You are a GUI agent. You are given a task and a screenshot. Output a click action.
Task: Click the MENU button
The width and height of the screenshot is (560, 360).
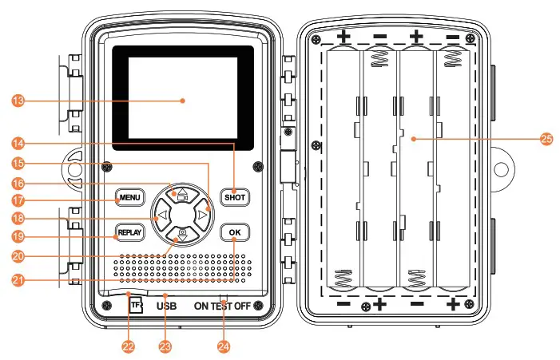click(129, 197)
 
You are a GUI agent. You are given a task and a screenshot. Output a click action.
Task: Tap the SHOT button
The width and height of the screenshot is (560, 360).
click(235, 197)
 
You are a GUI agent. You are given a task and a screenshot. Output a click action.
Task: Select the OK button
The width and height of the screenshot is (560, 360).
click(234, 232)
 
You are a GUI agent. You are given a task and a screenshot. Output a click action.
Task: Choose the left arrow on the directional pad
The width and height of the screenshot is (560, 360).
click(161, 215)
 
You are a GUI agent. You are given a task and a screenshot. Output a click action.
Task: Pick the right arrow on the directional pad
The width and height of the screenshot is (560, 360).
click(204, 215)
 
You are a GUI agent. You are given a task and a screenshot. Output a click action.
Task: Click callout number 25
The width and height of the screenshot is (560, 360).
click(546, 139)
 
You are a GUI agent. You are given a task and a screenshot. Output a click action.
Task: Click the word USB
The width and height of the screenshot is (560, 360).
click(166, 306)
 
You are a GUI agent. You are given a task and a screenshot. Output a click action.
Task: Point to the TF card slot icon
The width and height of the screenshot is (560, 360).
click(136, 304)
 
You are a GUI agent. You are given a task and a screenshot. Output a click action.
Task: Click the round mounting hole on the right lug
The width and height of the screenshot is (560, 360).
click(502, 170)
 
